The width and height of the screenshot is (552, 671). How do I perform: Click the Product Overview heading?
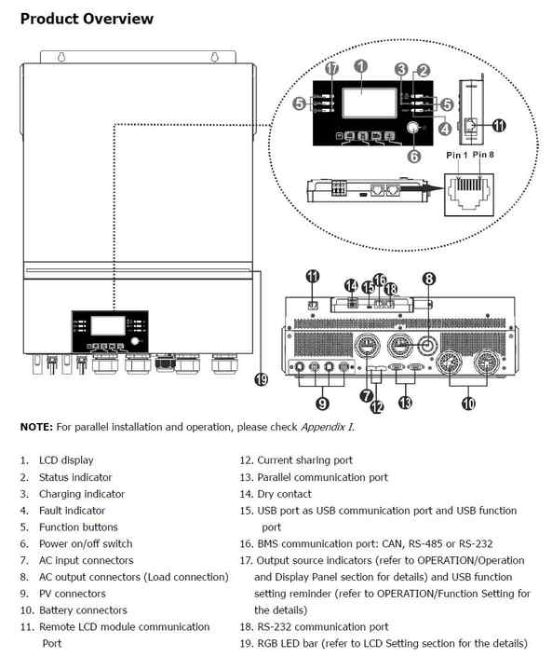point(87,18)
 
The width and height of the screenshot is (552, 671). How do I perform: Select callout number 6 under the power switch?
point(414,157)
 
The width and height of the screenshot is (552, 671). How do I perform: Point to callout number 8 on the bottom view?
point(428,278)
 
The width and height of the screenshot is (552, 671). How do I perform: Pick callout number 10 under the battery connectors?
point(467,403)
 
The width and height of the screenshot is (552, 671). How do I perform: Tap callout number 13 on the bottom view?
point(405,403)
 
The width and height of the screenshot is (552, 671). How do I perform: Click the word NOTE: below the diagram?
point(36,427)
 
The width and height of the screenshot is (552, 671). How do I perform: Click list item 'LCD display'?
point(65,460)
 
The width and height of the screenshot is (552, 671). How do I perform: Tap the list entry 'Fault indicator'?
point(72,511)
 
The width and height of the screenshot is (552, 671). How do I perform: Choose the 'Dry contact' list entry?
point(284,494)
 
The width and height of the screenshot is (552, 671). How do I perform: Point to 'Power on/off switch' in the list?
point(85,544)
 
